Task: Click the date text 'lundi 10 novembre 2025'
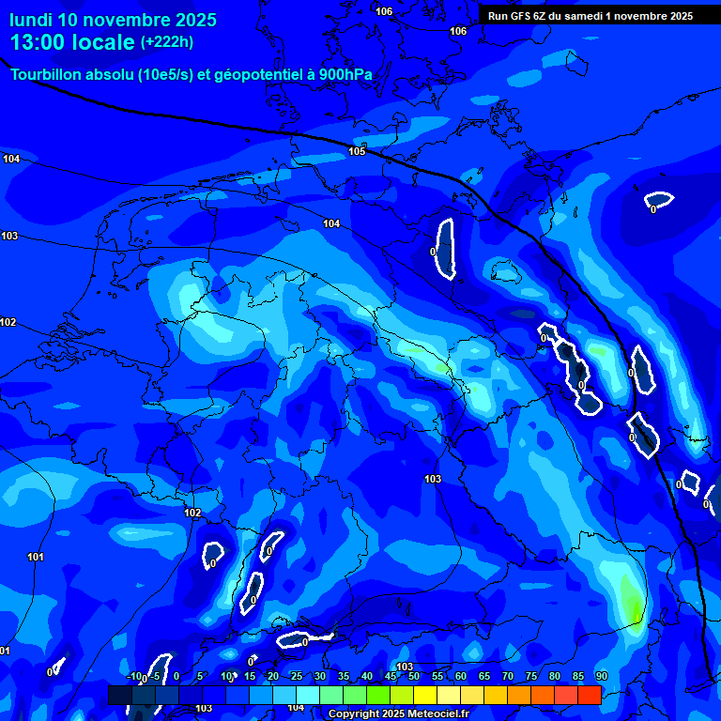click(113, 20)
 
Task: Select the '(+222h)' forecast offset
click(167, 42)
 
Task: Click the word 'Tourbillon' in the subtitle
click(53, 75)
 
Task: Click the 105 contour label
click(357, 151)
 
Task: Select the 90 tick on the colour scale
click(601, 677)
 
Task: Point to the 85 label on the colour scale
click(577, 677)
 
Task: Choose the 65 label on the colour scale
click(484, 677)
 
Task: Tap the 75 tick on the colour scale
click(531, 677)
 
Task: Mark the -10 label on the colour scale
click(134, 677)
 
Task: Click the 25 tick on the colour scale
click(297, 677)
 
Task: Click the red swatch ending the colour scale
click(590, 695)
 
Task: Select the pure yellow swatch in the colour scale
click(425, 695)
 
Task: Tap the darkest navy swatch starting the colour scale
click(119, 695)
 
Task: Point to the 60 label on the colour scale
click(461, 677)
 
